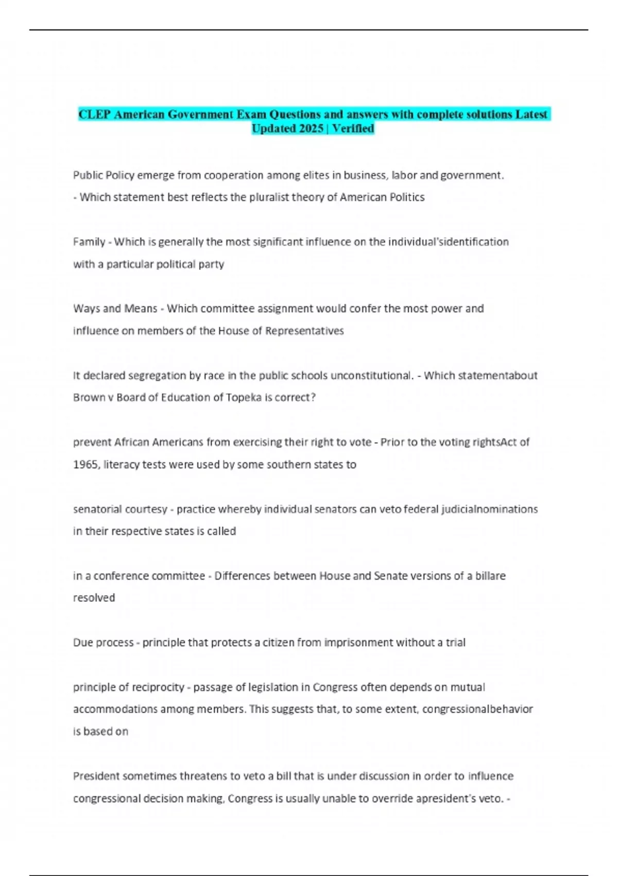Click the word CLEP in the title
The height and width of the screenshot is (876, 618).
(x=94, y=114)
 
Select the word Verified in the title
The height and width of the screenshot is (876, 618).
(x=353, y=129)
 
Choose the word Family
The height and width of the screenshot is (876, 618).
(x=89, y=242)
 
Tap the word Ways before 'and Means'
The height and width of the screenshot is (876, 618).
(x=87, y=309)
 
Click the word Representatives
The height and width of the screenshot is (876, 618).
(x=304, y=331)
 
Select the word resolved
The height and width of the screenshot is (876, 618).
(x=94, y=598)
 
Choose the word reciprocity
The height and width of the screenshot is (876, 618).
(x=158, y=687)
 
